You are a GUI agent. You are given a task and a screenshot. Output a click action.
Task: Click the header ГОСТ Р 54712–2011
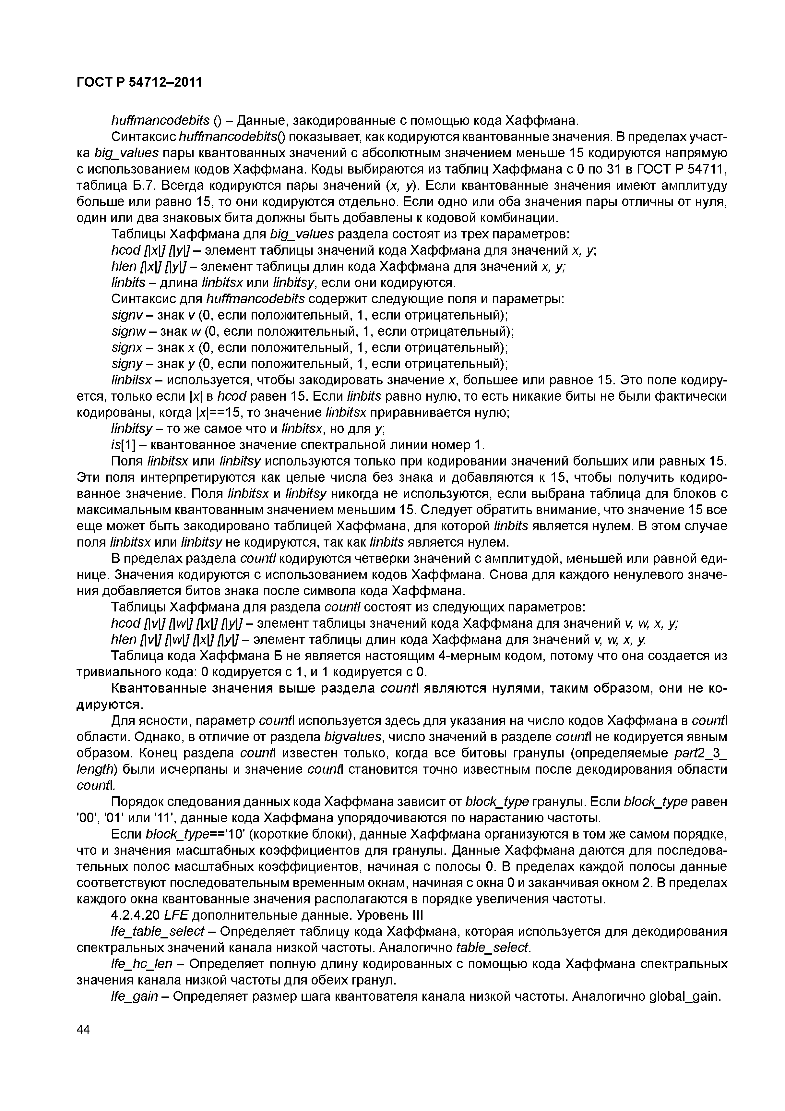pyautogui.click(x=139, y=83)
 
